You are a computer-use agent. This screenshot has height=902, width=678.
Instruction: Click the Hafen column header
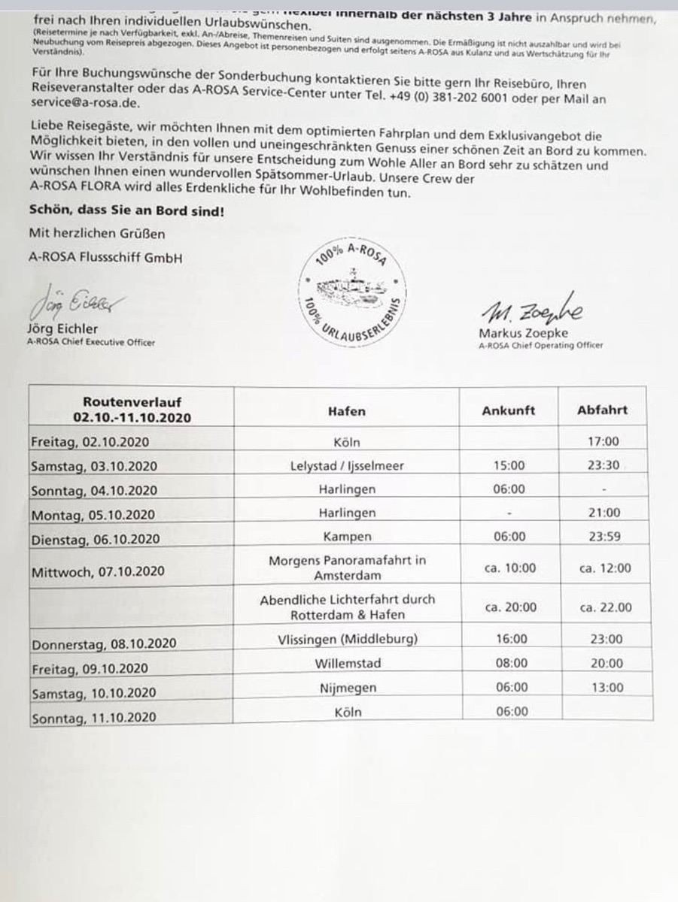tap(347, 410)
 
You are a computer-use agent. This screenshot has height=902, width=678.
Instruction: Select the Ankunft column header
tap(509, 410)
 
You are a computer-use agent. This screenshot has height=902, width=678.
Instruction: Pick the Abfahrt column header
tap(602, 410)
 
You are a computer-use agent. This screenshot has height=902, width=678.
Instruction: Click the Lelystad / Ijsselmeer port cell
tap(347, 465)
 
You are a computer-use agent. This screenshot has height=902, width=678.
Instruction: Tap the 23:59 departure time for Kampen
tap(604, 537)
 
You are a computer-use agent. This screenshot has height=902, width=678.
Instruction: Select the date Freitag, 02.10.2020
tap(90, 441)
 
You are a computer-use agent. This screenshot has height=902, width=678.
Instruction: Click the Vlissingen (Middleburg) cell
tap(347, 639)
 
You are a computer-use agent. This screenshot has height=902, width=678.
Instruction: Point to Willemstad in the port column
tap(348, 663)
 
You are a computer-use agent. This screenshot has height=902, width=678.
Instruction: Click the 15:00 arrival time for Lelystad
tap(509, 465)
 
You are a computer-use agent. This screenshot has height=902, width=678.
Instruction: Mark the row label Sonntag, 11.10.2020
tap(93, 718)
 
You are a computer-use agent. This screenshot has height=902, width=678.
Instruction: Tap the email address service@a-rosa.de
tap(84, 104)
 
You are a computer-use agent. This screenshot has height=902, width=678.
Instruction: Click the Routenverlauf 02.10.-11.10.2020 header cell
tap(132, 410)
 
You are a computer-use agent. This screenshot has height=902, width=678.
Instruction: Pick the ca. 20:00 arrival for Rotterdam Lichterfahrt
tap(510, 607)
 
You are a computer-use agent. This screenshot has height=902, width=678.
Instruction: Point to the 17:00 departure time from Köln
tap(603, 441)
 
